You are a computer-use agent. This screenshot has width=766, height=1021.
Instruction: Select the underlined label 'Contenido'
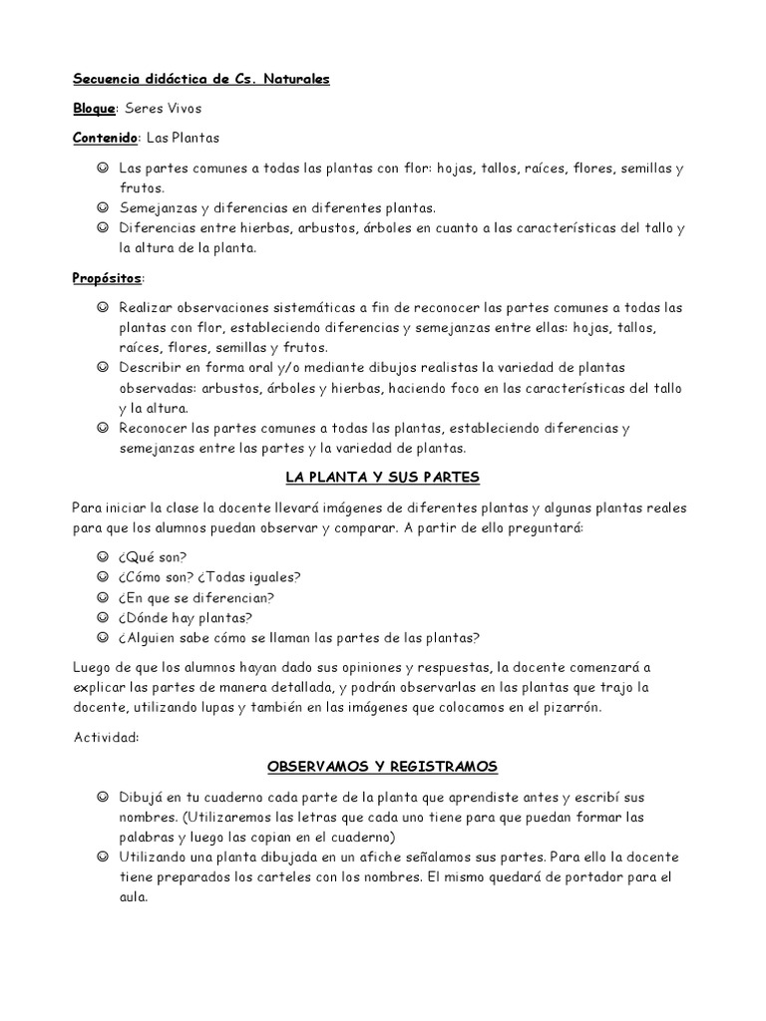coord(105,138)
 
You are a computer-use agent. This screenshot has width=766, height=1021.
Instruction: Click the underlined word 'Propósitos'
coord(107,278)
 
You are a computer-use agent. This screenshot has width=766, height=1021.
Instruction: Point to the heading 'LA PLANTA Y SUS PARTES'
coord(382,478)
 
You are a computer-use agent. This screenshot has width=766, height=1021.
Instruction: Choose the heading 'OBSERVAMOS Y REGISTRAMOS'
coord(382,767)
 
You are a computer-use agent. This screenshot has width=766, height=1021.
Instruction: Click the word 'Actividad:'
coord(105,738)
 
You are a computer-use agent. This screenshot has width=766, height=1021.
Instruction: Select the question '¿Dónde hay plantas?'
coord(185,617)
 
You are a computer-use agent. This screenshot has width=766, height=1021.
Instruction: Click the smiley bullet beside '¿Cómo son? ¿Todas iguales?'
coord(103,577)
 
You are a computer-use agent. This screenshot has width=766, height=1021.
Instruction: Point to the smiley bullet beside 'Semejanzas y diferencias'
coord(103,208)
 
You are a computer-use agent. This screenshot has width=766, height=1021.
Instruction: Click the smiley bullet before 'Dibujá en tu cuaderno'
coord(103,798)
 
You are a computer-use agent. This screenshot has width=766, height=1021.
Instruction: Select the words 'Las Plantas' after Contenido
coord(183,138)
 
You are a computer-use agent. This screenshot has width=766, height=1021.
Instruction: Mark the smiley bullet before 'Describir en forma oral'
coord(103,368)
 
